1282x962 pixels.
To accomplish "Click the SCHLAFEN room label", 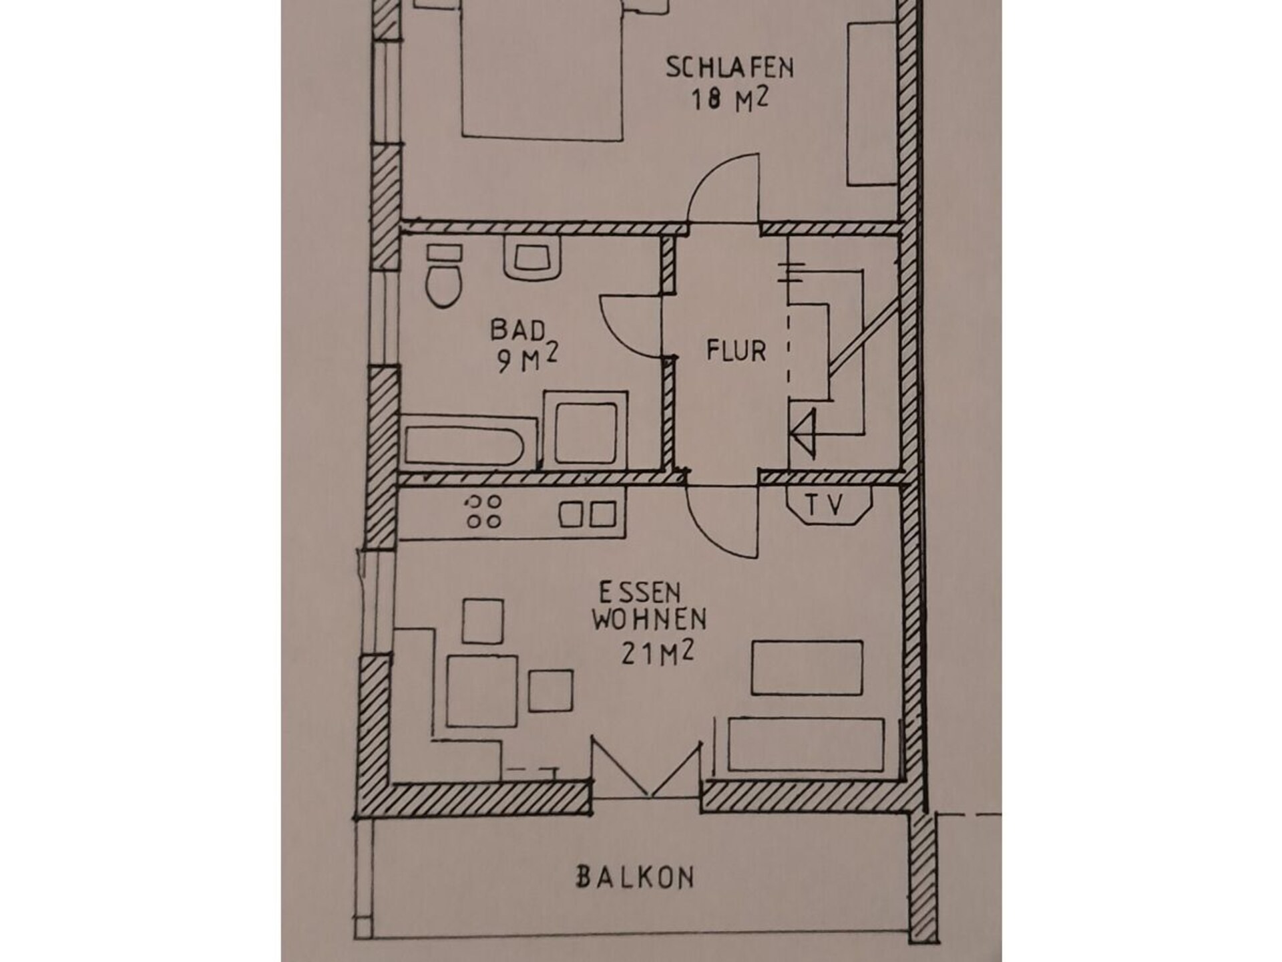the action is pos(729,67).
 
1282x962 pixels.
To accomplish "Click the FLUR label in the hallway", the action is pos(736,351).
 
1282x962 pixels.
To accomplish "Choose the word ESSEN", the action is pos(630,593).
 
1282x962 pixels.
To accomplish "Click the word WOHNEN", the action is pos(648,620).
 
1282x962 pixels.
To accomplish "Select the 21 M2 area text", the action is pos(657,653).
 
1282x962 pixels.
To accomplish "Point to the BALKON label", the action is pos(635,876).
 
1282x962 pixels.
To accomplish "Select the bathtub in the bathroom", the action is pos(469,441).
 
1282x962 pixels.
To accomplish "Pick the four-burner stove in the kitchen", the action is pos(484,512).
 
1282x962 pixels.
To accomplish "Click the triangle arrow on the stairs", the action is pos(803,433).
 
